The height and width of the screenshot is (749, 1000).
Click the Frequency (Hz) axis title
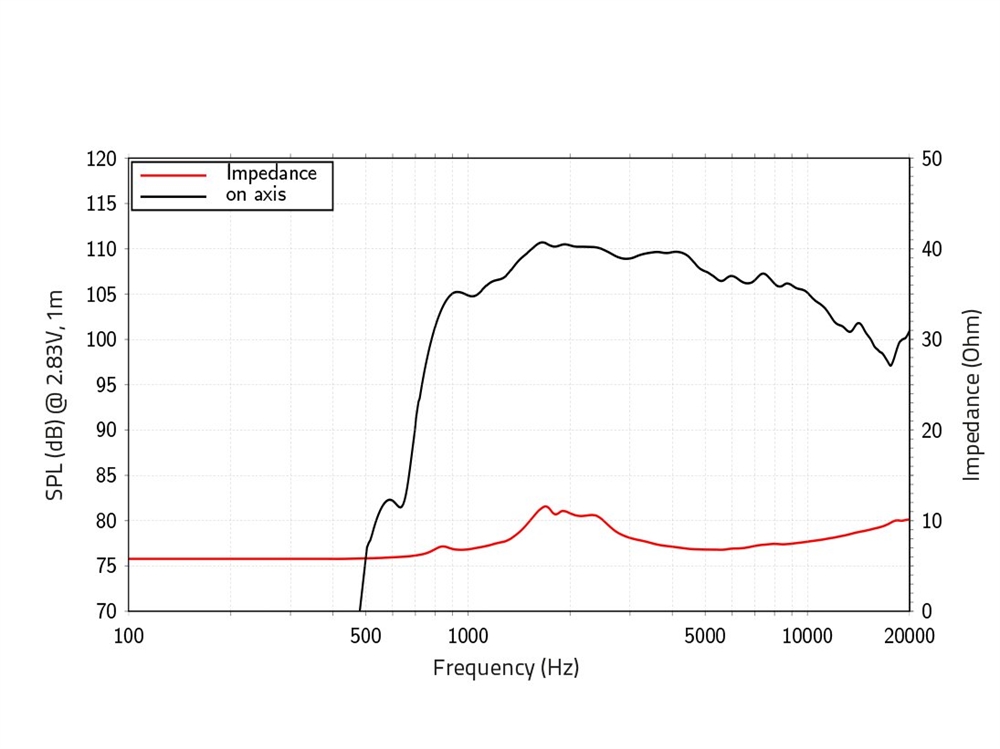506,667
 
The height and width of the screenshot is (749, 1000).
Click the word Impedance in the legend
271,173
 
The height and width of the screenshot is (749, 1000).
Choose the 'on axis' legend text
256,194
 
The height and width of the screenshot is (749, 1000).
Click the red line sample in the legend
173,174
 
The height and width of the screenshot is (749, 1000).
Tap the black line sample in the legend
173,195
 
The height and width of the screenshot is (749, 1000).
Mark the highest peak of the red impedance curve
545,507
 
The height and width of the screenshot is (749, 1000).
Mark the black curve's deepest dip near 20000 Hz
891,365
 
